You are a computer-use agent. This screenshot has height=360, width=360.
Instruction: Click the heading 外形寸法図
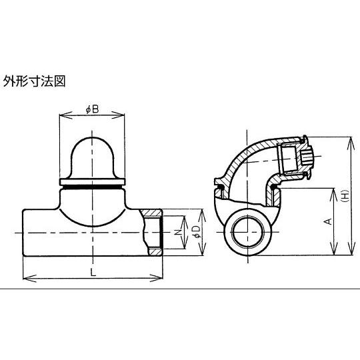click(34, 81)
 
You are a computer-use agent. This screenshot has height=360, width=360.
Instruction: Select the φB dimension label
click(92, 109)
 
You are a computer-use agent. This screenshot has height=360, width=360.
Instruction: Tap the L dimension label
click(93, 273)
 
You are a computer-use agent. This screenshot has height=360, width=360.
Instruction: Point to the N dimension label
click(177, 233)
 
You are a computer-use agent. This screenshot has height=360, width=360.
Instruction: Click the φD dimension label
click(197, 231)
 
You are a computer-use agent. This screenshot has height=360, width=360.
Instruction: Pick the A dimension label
click(329, 221)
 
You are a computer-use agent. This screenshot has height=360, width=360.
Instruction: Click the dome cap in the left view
click(92, 158)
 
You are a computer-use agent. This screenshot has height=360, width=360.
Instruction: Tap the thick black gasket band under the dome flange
click(92, 187)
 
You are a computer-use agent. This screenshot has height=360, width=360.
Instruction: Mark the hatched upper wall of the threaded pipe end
click(151, 213)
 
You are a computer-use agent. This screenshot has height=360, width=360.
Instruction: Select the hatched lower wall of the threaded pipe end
click(155, 251)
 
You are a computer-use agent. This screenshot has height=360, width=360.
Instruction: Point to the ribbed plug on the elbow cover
click(306, 157)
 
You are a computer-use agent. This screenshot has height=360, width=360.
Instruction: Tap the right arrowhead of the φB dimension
click(118, 115)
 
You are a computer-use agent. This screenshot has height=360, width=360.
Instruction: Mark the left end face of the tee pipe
click(23, 233)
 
